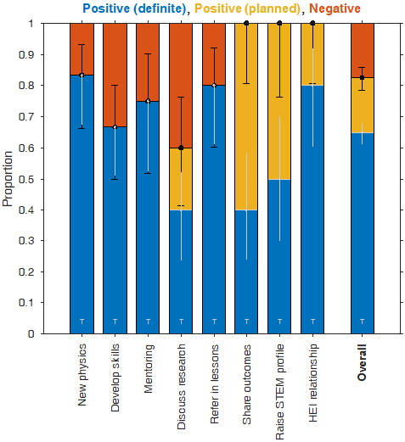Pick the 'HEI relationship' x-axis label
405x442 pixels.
click(313, 383)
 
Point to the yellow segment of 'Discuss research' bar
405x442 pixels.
click(181, 178)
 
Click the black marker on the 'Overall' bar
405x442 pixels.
click(363, 78)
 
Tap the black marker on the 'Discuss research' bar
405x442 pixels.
click(181, 148)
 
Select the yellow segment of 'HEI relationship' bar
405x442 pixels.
click(313, 54)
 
